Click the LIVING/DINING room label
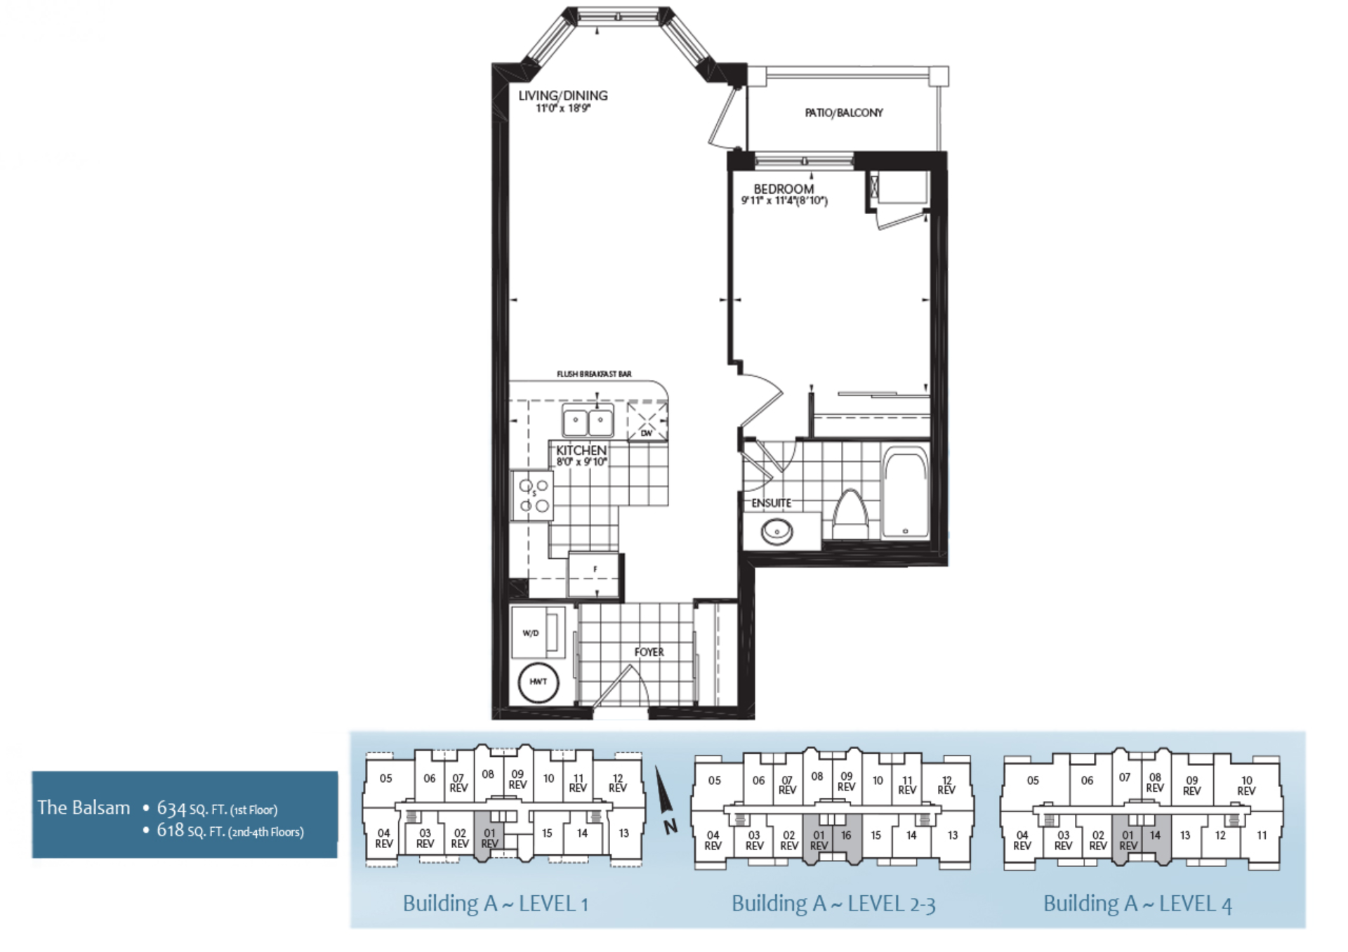point(562,95)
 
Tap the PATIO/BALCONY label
point(843,112)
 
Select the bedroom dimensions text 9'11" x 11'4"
point(784,201)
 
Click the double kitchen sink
point(588,421)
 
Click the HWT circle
point(538,682)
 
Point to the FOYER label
point(649,652)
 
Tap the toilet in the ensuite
point(850,516)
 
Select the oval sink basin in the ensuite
point(777,531)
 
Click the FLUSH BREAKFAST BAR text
point(594,374)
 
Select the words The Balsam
point(84,807)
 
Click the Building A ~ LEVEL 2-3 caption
point(833,904)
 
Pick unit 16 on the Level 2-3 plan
point(846,835)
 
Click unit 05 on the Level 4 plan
point(1032,780)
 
